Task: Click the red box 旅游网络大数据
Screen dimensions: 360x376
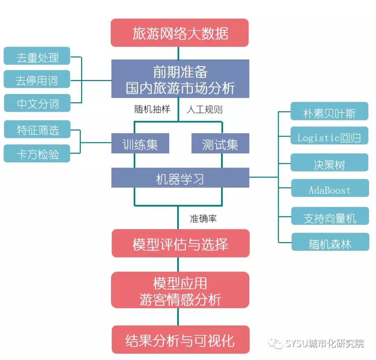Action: (180, 33)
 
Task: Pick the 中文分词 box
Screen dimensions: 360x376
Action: (37, 103)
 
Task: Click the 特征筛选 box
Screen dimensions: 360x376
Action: (37, 130)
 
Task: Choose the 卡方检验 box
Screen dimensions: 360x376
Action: (37, 153)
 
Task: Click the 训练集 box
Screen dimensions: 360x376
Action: (140, 144)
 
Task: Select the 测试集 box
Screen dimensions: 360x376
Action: (220, 144)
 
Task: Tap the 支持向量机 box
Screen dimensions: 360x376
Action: (329, 217)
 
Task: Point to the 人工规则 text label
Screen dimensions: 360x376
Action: (204, 110)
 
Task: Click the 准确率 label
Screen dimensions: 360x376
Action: (203, 218)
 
